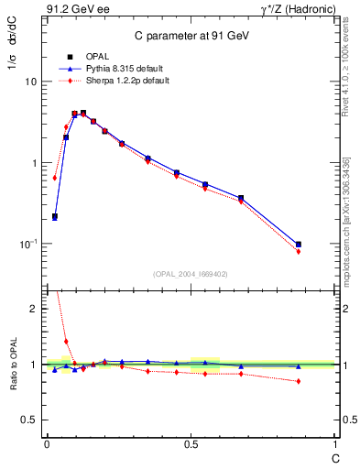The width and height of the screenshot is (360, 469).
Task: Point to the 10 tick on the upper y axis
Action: click(x=30, y=82)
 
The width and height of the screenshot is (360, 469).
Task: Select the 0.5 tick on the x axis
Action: click(x=191, y=444)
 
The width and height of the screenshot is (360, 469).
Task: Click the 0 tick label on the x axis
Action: click(x=47, y=444)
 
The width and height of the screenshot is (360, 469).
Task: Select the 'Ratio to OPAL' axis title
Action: click(x=12, y=365)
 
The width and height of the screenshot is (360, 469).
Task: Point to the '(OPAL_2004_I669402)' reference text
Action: click(x=190, y=274)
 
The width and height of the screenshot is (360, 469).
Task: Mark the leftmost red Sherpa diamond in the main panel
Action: click(x=55, y=178)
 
